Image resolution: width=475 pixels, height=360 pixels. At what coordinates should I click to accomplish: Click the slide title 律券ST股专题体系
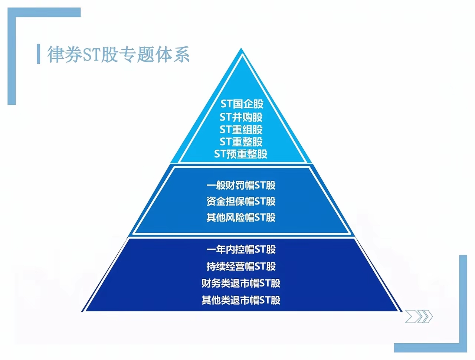pyautogui.click(x=118, y=55)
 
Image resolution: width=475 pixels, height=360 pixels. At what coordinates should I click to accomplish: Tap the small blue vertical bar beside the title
pyautogui.click(x=39, y=54)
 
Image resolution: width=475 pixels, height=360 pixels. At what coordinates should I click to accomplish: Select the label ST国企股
pyautogui.click(x=242, y=104)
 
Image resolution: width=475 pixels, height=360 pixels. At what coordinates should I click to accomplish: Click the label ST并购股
pyautogui.click(x=241, y=117)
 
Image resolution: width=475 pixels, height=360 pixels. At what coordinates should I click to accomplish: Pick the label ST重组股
pyautogui.click(x=241, y=130)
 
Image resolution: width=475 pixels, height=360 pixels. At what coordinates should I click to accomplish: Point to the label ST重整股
pyautogui.click(x=241, y=142)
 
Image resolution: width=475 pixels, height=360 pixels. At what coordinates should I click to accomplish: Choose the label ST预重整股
pyautogui.click(x=241, y=154)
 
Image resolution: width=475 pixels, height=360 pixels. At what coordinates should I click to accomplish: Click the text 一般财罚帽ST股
pyautogui.click(x=241, y=185)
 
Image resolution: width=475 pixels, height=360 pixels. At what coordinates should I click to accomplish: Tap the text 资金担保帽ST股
pyautogui.click(x=241, y=202)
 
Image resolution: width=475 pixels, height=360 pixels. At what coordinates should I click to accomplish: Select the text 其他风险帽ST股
pyautogui.click(x=241, y=217)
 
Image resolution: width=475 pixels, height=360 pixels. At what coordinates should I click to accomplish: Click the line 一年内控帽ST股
pyautogui.click(x=241, y=249)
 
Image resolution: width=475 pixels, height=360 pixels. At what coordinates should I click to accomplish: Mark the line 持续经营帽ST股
pyautogui.click(x=241, y=266)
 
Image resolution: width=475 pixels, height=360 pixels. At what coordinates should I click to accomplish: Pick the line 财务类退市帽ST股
pyautogui.click(x=241, y=284)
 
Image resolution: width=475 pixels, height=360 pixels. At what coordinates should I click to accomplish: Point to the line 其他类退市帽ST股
pyautogui.click(x=241, y=300)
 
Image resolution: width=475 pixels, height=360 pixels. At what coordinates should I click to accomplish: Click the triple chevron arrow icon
pyautogui.click(x=419, y=317)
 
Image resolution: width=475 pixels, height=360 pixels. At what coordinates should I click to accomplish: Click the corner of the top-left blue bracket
pyautogui.click(x=12, y=12)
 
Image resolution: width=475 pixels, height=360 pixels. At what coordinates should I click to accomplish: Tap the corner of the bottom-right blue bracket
pyautogui.click(x=463, y=348)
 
